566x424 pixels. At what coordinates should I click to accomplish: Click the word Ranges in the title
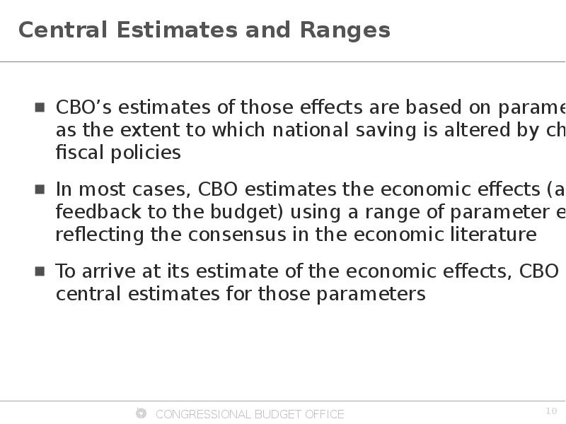[x=345, y=30]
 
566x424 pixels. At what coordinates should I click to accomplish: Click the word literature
[x=494, y=235]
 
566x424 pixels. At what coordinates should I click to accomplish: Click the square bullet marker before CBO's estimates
[x=40, y=107]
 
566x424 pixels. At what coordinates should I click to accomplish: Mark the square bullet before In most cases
[x=40, y=189]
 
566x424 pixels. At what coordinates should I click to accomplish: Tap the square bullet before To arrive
[x=40, y=271]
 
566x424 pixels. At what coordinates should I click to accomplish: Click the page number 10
[x=551, y=411]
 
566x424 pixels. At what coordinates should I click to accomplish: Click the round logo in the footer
[x=141, y=413]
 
